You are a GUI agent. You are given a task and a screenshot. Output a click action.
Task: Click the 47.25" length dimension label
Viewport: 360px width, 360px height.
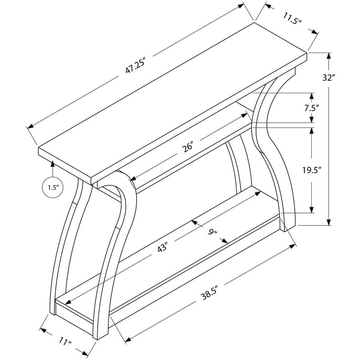pyautogui.click(x=136, y=66)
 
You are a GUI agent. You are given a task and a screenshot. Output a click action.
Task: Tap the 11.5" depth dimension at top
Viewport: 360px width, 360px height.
pyautogui.click(x=292, y=18)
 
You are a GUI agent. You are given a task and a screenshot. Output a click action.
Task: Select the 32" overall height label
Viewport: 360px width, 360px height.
pyautogui.click(x=328, y=77)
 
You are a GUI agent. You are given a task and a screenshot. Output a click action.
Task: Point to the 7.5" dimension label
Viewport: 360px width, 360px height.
pyautogui.click(x=312, y=108)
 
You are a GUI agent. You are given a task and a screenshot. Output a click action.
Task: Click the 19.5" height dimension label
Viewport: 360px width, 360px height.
pyautogui.click(x=311, y=171)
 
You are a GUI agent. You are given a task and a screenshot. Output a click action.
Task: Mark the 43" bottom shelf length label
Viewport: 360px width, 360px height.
pyautogui.click(x=162, y=248)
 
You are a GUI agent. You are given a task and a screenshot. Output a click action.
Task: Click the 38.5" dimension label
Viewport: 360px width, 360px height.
pyautogui.click(x=209, y=294)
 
